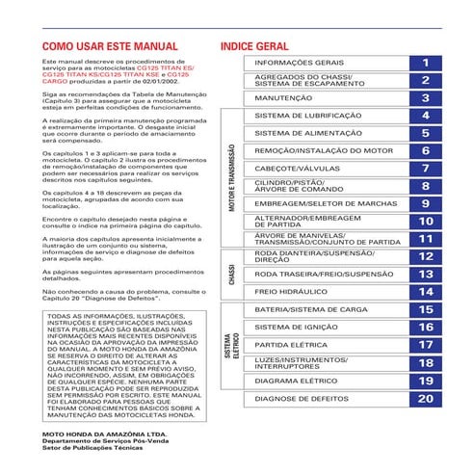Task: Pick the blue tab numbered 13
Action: (425, 275)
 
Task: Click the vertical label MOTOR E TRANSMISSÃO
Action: (231, 178)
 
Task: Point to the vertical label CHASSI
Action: (231, 275)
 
